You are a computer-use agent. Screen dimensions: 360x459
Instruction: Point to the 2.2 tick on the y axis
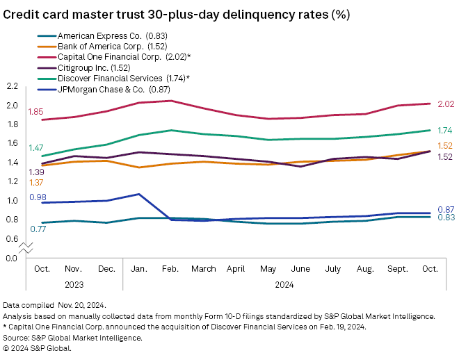(12, 86)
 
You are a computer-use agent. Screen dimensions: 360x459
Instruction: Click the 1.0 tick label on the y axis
(12, 201)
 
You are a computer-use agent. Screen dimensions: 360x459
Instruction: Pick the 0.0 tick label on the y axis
(12, 258)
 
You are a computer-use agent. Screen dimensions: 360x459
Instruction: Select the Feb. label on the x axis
(170, 268)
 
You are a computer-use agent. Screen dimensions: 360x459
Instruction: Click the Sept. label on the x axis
(398, 268)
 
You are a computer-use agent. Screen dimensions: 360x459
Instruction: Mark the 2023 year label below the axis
(74, 284)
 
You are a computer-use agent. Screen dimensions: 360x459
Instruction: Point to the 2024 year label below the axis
(283, 284)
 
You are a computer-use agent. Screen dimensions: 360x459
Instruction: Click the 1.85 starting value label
(35, 112)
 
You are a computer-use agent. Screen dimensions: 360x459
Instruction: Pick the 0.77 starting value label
(38, 229)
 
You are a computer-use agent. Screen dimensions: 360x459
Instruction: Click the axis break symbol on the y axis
(26, 247)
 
